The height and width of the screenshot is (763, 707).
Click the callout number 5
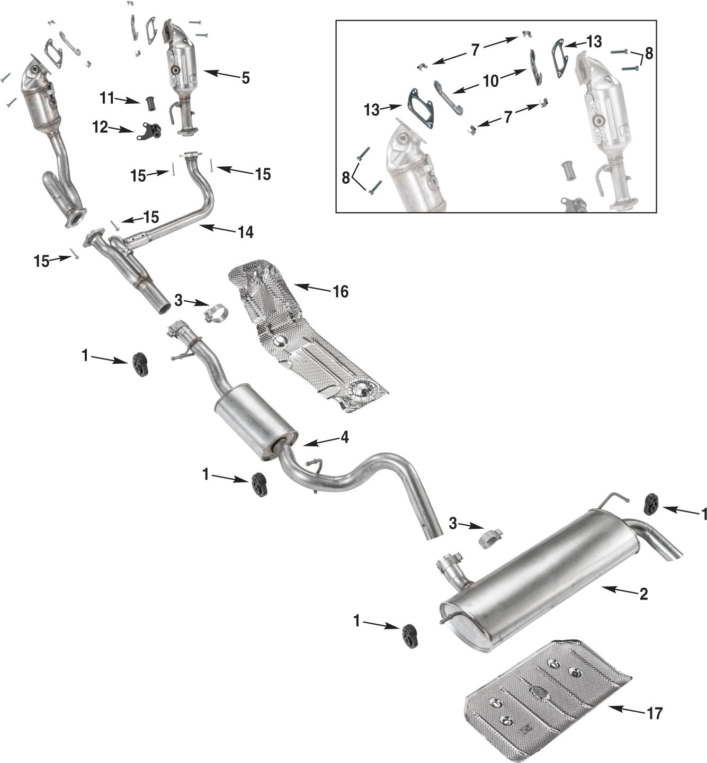tap(245, 78)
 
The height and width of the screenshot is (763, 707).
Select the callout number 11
tap(107, 98)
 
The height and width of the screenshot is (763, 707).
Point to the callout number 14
tap(246, 231)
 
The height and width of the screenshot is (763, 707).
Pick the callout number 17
tap(655, 713)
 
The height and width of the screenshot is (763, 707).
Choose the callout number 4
tap(344, 438)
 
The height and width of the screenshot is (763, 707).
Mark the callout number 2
tap(643, 594)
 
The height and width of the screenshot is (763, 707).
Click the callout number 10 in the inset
tap(491, 80)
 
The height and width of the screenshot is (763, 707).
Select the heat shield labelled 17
tap(545, 688)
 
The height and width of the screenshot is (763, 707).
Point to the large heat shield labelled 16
tap(307, 339)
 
